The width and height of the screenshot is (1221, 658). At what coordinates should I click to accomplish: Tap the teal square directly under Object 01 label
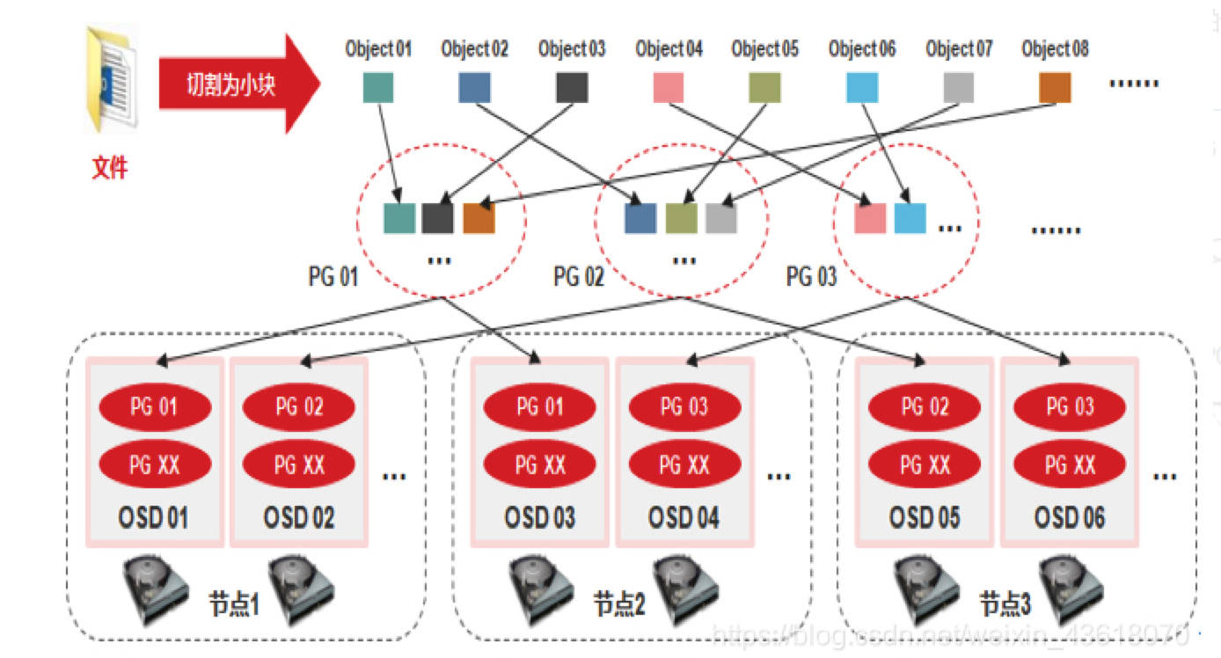(x=378, y=87)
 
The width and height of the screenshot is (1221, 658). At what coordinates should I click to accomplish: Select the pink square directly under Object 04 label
(x=669, y=87)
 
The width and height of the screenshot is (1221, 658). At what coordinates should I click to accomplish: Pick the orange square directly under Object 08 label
(x=1055, y=87)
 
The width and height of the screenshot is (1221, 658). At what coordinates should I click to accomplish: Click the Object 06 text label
(x=862, y=49)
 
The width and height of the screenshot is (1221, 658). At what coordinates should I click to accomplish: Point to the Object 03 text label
(x=572, y=49)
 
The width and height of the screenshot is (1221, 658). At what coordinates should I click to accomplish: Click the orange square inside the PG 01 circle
(x=479, y=218)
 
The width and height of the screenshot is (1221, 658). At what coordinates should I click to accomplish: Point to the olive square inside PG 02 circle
(x=681, y=218)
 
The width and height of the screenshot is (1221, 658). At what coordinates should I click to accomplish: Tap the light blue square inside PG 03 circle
(x=910, y=218)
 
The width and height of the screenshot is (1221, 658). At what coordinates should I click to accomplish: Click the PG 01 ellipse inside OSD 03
(x=539, y=407)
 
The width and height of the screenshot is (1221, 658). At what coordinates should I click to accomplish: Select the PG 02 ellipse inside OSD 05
(x=924, y=407)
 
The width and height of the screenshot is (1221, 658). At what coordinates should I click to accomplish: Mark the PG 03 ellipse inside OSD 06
(x=1070, y=407)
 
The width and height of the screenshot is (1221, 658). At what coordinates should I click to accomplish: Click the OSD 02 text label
(x=299, y=518)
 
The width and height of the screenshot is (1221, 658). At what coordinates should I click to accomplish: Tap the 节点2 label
(x=619, y=605)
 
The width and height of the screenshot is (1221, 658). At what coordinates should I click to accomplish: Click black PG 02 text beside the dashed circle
(x=579, y=278)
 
